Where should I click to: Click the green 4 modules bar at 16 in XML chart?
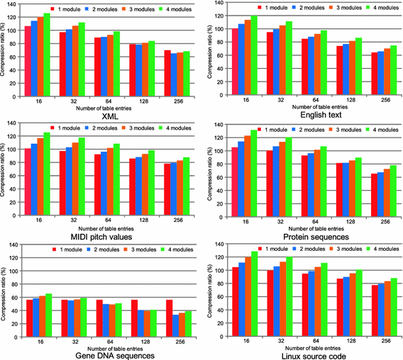point(47,57)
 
